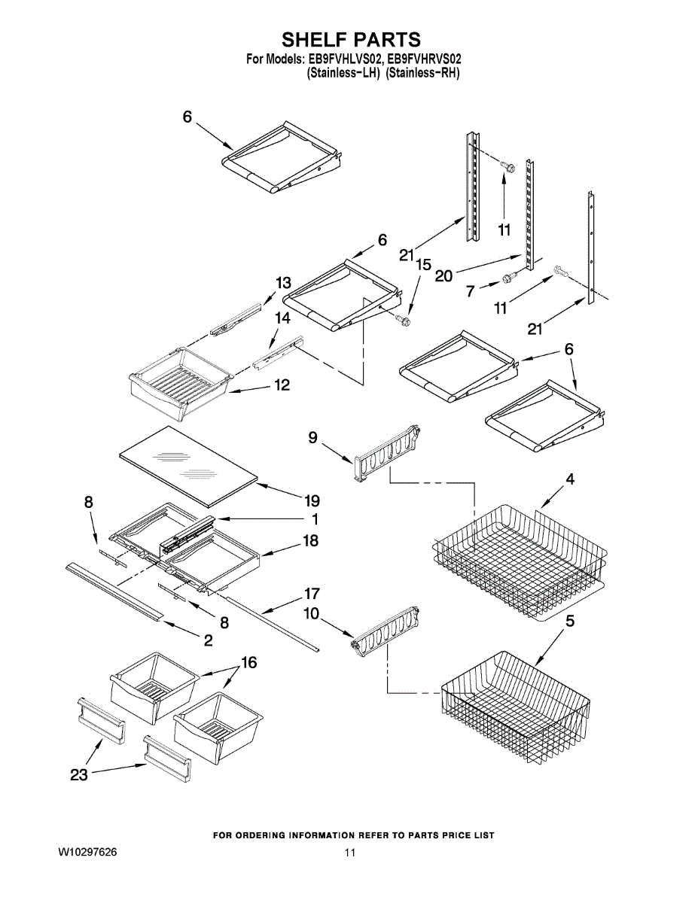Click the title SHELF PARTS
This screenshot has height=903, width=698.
(x=351, y=39)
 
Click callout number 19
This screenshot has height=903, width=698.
(x=312, y=500)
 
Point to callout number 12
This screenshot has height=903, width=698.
(x=281, y=385)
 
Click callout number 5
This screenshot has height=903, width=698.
(x=570, y=621)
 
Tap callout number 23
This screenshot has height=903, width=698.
(x=79, y=775)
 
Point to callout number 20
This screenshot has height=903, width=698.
(x=443, y=276)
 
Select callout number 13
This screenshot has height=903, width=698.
(x=282, y=283)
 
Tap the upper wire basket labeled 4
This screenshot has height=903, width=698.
(x=520, y=561)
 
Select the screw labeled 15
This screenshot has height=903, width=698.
(x=405, y=322)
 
